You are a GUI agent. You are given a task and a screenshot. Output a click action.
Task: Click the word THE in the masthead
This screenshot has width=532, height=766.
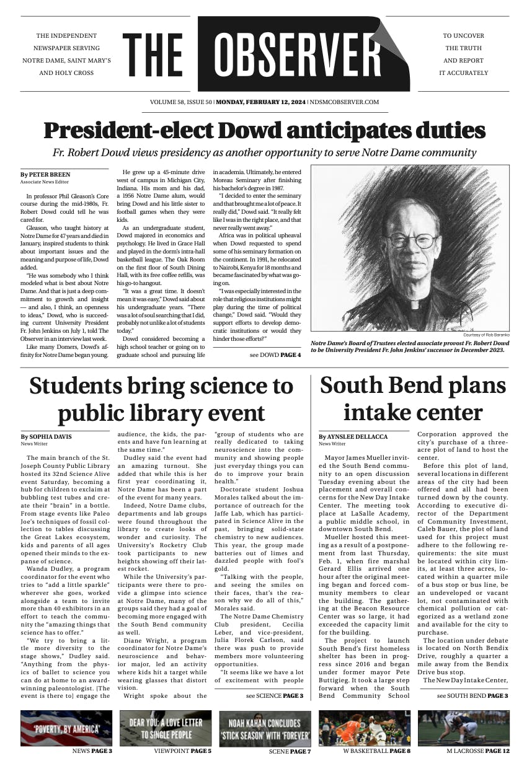153,55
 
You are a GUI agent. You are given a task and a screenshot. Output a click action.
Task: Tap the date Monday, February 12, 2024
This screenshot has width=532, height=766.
260,102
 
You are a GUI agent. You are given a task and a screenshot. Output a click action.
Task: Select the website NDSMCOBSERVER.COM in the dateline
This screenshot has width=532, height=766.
345,102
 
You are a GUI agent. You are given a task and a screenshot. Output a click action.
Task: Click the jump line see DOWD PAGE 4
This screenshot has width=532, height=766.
275,355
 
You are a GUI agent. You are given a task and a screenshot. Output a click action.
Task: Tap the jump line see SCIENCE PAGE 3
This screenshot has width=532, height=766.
274,696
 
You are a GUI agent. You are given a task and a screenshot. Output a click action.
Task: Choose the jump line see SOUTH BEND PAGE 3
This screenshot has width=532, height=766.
472,696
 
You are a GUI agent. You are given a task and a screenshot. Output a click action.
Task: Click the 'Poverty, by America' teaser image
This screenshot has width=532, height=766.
66,728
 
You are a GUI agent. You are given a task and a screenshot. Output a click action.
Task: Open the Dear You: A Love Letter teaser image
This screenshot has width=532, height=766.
166,728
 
